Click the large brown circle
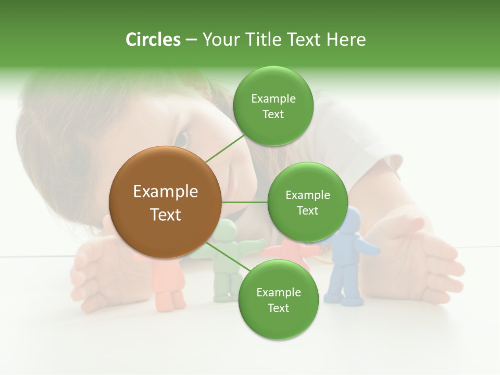click(166, 202)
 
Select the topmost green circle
click(273, 106)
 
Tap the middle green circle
click(307, 202)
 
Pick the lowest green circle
click(278, 299)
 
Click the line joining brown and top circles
click(225, 149)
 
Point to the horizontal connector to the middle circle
click(244, 202)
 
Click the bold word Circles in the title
click(153, 40)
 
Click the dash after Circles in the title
click(191, 40)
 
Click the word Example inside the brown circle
click(166, 192)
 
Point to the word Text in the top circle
click(273, 114)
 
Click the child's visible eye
click(181, 139)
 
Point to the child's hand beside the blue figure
click(427, 260)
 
